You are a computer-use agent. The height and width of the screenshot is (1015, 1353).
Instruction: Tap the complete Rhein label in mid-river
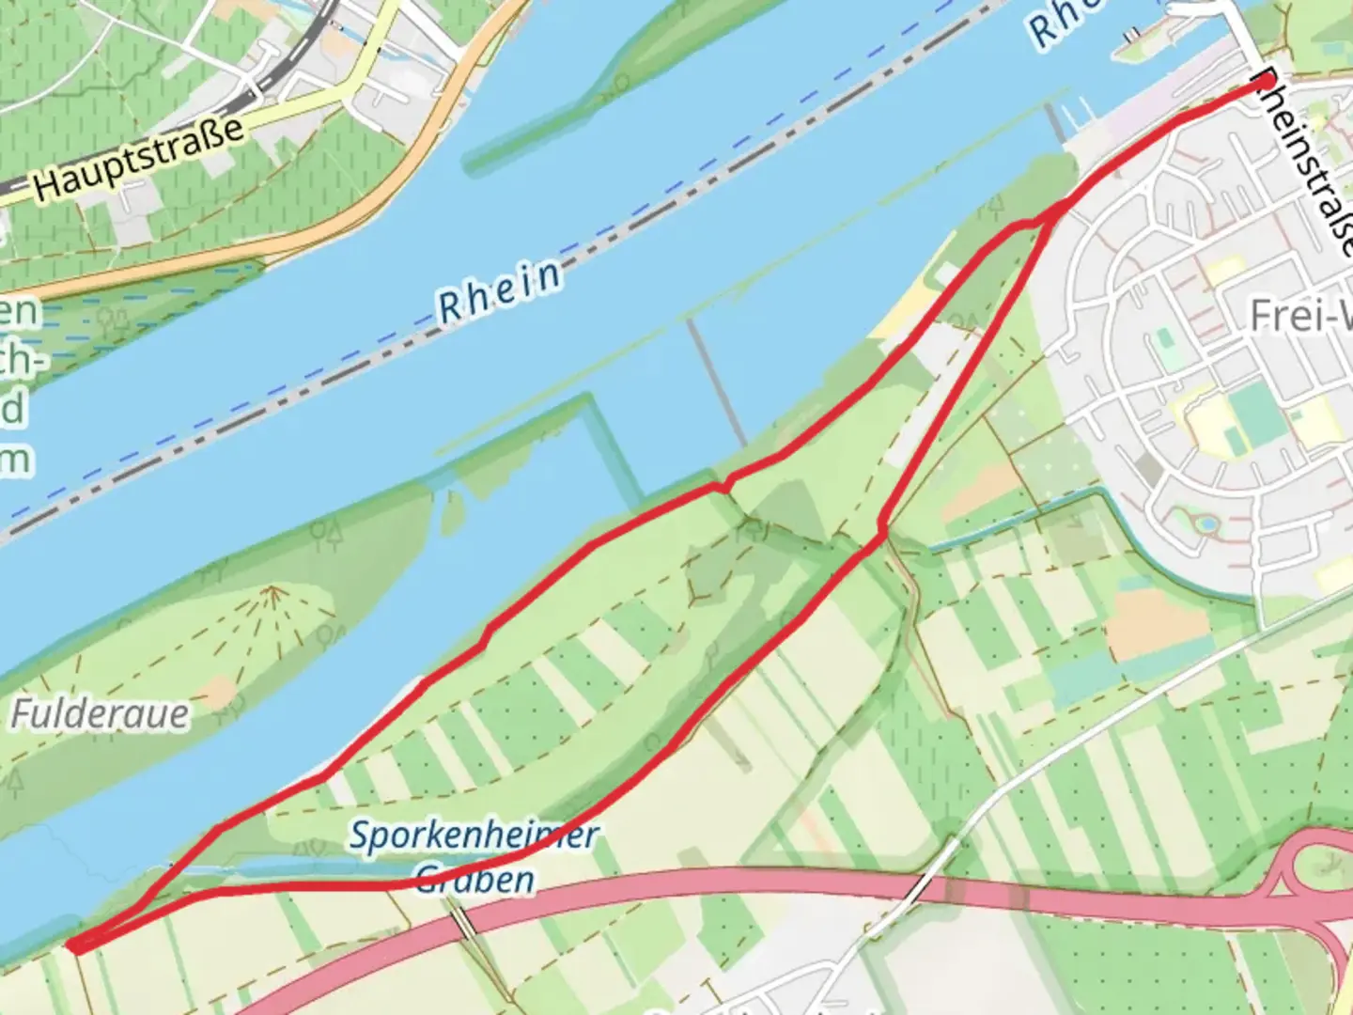(x=500, y=289)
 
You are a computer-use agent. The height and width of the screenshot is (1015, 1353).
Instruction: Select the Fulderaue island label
(x=100, y=715)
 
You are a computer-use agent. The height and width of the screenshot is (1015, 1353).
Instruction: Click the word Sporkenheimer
(x=474, y=835)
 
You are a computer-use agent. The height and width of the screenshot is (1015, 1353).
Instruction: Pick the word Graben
(x=475, y=880)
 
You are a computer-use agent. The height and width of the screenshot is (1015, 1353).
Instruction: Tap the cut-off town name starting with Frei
(x=1300, y=317)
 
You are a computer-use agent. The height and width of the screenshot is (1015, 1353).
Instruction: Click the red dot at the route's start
(x=1267, y=83)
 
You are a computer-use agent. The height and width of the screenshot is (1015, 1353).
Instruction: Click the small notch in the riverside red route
(x=722, y=486)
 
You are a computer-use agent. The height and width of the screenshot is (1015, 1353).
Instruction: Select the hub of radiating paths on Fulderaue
(x=273, y=590)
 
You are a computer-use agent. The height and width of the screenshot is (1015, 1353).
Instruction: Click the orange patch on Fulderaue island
(x=218, y=694)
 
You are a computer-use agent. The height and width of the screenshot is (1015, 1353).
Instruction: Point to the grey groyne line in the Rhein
(x=714, y=381)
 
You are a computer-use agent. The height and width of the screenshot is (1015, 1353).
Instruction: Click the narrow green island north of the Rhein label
(x=601, y=94)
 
